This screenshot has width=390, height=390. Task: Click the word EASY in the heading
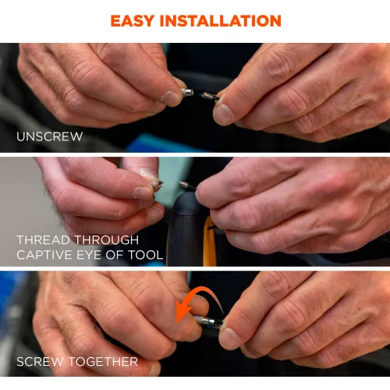[133, 21]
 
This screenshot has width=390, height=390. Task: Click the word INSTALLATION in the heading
[221, 21]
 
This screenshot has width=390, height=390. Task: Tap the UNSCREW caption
[49, 136]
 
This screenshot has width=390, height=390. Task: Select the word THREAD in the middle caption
[44, 239]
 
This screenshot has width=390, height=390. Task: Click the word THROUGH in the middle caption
[107, 239]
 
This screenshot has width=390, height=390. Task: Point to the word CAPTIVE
[44, 255]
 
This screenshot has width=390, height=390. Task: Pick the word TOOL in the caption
[146, 255]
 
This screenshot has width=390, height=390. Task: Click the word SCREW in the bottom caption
[40, 362]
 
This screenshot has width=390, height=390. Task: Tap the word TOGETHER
[103, 362]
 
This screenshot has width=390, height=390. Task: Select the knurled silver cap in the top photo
[187, 92]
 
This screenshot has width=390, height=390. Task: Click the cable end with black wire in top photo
[210, 97]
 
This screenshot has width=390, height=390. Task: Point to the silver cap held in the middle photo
[158, 185]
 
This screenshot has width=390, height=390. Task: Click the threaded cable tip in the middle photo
[186, 186]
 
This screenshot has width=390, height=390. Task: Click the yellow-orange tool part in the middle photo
[210, 242]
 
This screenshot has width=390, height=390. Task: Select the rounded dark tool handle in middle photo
[184, 229]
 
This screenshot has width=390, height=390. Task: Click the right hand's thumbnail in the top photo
[223, 114]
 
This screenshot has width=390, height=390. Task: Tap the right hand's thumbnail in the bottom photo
[229, 338]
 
